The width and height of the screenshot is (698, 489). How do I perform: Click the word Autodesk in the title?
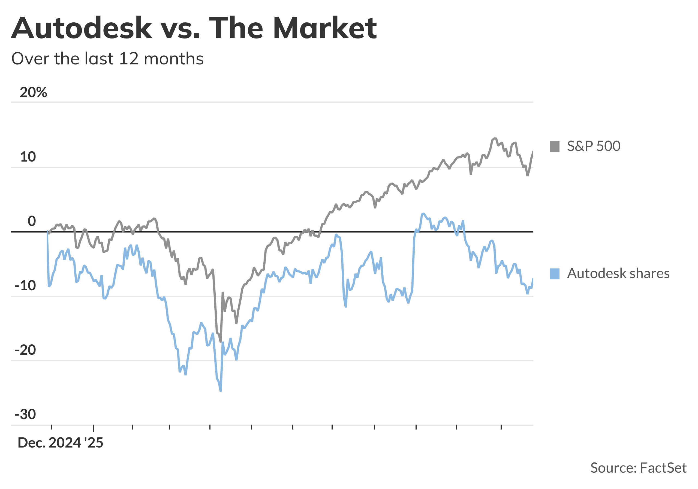tap(82, 28)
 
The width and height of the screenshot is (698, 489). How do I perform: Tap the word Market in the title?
tap(325, 28)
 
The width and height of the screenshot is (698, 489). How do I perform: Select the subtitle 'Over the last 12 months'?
tap(107, 58)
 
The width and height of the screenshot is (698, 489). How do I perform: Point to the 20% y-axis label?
tap(34, 92)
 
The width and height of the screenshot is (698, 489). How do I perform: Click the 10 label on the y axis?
tap(28, 157)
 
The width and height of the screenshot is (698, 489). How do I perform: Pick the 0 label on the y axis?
tap(32, 221)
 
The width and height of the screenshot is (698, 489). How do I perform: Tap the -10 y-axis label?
tap(26, 286)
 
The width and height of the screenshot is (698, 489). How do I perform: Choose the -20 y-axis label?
tap(26, 350)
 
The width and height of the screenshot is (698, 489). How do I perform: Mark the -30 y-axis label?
tap(26, 415)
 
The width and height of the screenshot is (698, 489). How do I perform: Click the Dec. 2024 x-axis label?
tap(49, 443)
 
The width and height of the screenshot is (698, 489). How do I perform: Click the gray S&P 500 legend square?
tap(555, 146)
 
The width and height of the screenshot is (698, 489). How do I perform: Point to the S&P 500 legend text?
tap(593, 146)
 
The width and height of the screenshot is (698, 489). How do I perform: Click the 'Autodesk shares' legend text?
tap(618, 273)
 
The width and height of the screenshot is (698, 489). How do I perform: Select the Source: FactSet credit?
tap(638, 468)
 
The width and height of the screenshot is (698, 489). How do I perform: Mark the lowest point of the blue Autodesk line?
tap(221, 391)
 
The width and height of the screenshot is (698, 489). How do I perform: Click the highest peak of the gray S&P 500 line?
tap(495, 138)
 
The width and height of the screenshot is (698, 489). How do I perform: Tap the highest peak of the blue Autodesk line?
tap(423, 214)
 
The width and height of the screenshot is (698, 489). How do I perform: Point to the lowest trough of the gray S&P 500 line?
tap(221, 342)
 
